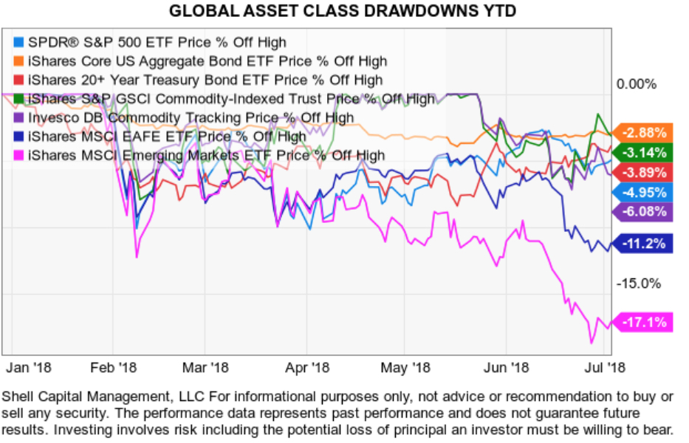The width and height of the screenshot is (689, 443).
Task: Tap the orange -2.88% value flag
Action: (645, 133)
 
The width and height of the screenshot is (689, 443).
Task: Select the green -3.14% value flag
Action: (645, 153)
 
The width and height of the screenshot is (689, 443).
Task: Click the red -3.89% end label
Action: (645, 172)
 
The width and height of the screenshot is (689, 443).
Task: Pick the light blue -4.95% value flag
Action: (645, 193)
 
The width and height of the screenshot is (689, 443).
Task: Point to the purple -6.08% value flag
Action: (645, 212)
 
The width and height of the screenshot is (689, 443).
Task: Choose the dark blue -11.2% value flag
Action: (645, 244)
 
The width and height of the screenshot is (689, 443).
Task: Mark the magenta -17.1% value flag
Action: (645, 322)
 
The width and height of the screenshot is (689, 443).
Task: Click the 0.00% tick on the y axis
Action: (636, 83)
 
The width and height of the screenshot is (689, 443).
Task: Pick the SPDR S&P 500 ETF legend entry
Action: (156, 42)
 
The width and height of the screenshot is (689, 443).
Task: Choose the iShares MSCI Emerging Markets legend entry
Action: (206, 155)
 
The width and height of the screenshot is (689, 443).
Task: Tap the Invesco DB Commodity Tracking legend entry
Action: (191, 117)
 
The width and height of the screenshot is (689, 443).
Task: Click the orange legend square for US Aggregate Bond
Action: (20, 61)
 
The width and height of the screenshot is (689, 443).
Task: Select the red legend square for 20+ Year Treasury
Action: (20, 80)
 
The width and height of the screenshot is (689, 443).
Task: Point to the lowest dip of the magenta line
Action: (592, 342)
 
